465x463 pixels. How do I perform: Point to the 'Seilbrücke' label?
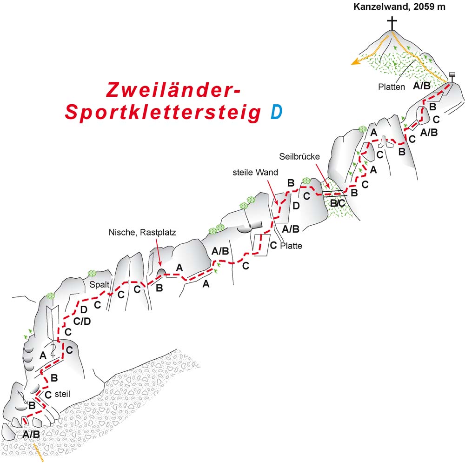pyautogui.click(x=299, y=156)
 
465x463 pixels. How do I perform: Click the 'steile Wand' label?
pyautogui.click(x=256, y=172)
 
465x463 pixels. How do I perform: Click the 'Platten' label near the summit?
pyautogui.click(x=392, y=87)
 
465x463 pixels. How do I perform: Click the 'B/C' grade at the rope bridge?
pyautogui.click(x=337, y=203)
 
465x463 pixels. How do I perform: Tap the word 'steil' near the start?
pyautogui.click(x=62, y=394)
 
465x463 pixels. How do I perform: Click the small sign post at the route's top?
pyautogui.click(x=452, y=75)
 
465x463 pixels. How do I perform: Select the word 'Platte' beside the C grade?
pyautogui.click(x=292, y=246)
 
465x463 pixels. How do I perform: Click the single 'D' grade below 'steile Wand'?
pyautogui.click(x=296, y=205)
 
